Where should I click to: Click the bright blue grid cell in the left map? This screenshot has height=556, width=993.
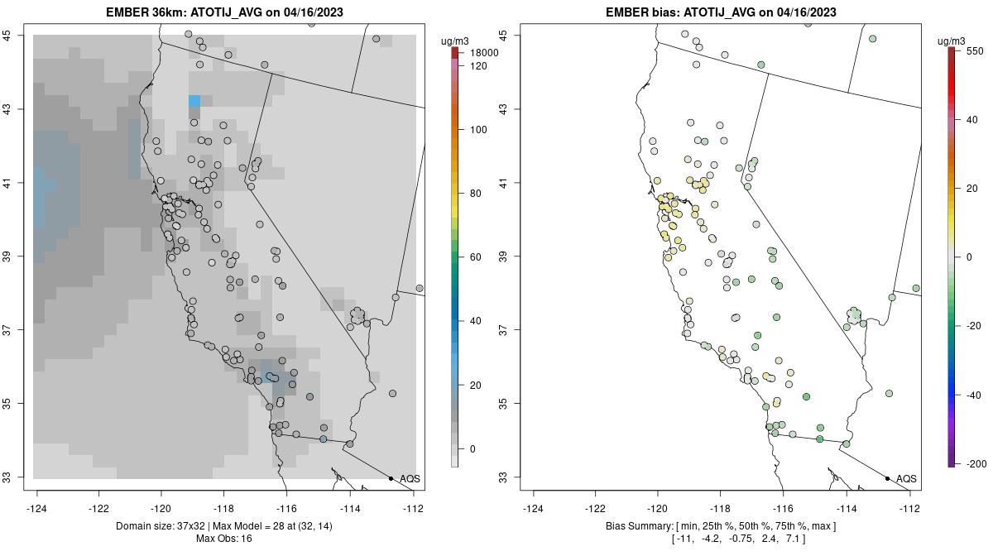coord(194,101)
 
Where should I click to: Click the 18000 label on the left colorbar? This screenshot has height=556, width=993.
coord(484,53)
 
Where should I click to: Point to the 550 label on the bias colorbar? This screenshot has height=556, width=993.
coord(973,50)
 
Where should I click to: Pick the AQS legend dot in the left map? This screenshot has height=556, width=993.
coord(391,478)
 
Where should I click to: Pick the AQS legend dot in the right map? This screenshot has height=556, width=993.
coord(887,478)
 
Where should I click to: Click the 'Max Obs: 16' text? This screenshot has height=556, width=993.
coord(223,539)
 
